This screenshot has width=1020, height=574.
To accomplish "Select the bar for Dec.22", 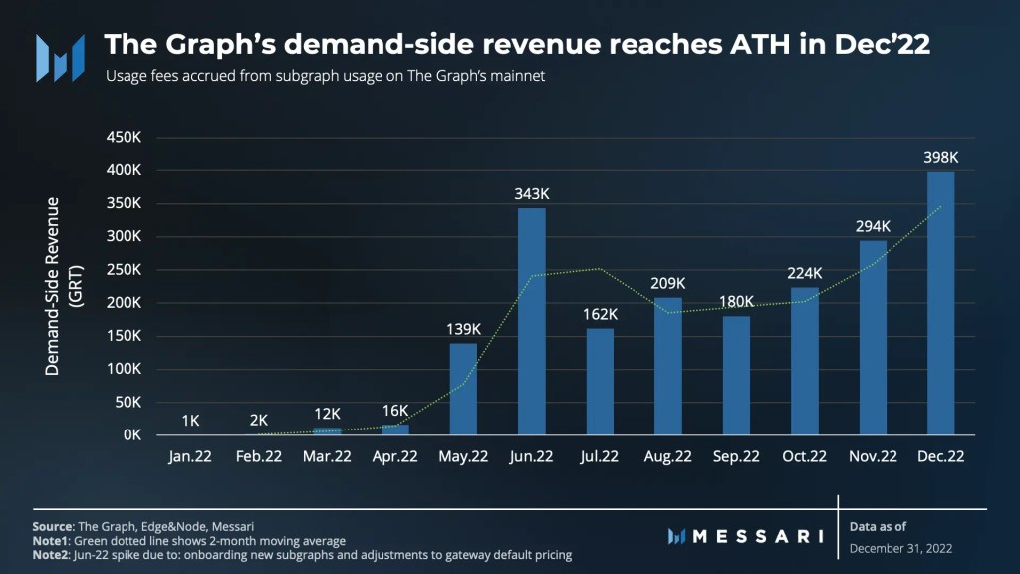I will (x=940, y=304).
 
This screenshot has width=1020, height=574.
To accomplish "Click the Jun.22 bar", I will (x=532, y=321).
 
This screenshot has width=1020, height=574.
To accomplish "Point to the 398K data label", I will (x=940, y=157).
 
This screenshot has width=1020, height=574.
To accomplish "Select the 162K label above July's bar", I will (x=600, y=314).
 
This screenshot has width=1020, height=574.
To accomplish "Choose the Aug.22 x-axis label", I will (x=667, y=456).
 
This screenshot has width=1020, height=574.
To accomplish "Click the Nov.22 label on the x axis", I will (x=872, y=456).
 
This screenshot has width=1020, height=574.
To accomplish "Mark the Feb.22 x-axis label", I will (x=258, y=456).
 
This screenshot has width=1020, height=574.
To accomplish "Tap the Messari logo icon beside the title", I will (x=61, y=57).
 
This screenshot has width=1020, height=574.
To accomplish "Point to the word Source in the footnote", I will (x=53, y=525).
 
